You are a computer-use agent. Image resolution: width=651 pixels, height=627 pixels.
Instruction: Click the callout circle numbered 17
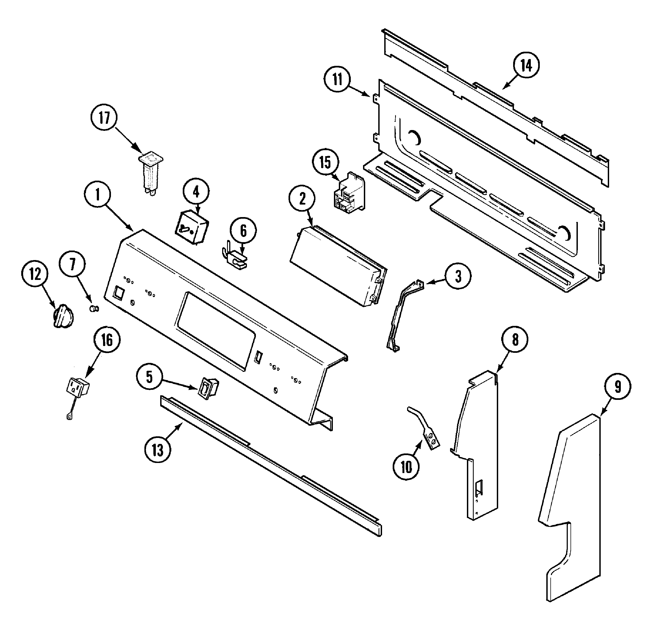(104, 118)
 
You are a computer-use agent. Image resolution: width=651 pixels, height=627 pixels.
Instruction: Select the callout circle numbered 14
(526, 66)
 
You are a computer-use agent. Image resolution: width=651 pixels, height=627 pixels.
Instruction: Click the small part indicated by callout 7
(94, 309)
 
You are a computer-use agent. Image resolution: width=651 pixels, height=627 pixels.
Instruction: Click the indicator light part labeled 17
(150, 174)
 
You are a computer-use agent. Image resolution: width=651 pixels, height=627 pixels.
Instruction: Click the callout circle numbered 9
(617, 387)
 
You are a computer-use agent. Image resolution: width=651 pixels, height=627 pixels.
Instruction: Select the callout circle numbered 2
(302, 199)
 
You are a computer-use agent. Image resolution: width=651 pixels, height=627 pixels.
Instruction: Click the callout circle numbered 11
(337, 80)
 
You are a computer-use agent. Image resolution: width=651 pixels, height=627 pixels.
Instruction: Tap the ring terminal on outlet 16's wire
(70, 415)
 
